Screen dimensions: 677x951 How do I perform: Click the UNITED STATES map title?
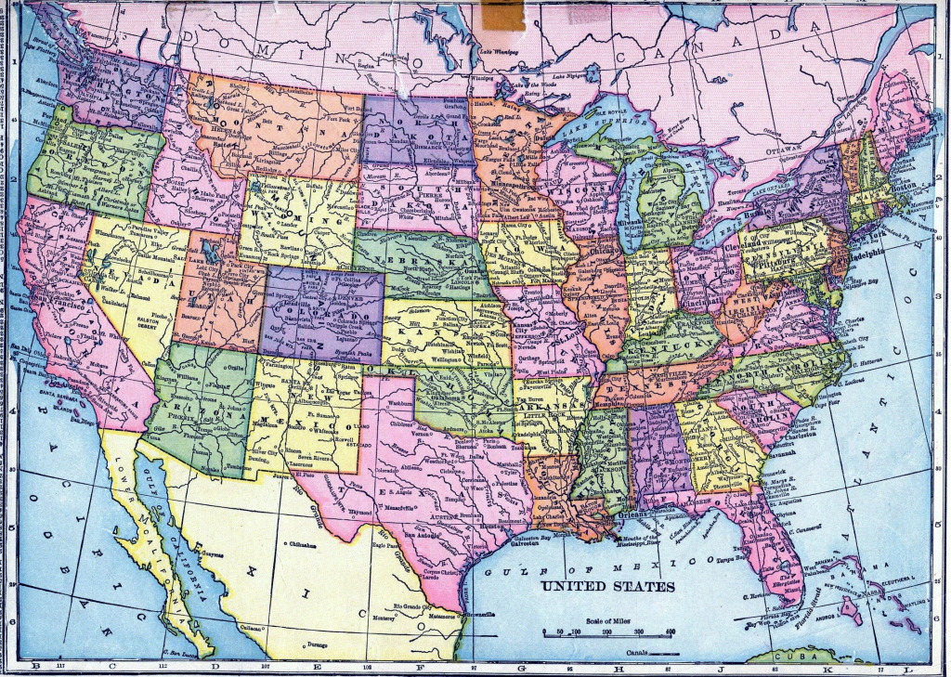607,587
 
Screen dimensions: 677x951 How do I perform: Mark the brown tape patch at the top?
503,16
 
